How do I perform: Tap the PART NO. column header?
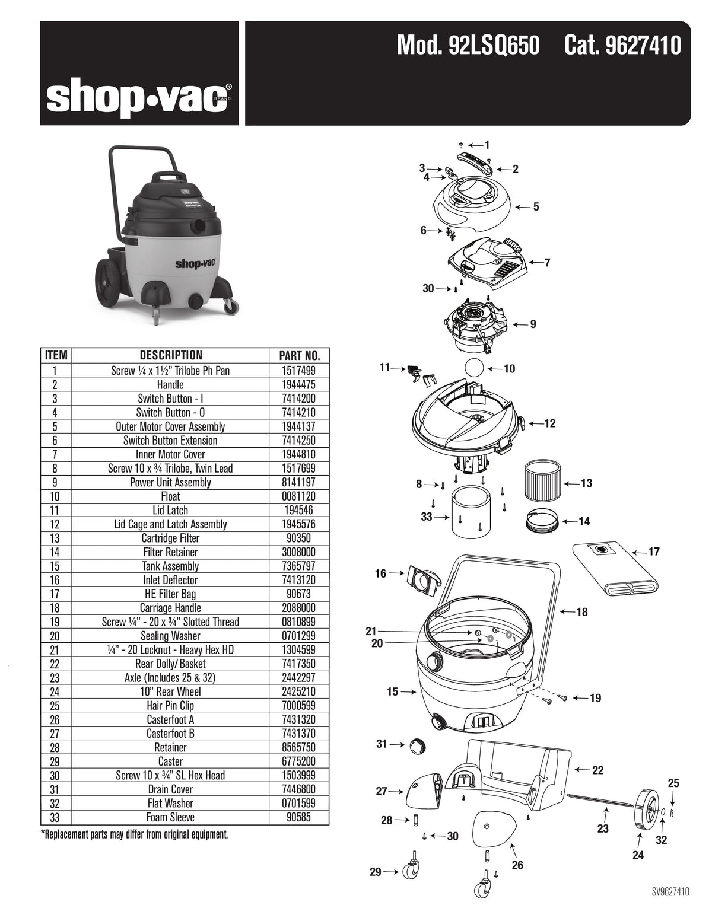[299, 356]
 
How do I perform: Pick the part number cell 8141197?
[299, 482]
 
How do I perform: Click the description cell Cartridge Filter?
[170, 538]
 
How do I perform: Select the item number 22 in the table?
[56, 664]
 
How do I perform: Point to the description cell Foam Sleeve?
[170, 818]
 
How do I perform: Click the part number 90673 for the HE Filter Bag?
[299, 594]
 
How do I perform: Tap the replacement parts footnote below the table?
[135, 835]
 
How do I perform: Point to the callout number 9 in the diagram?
[533, 324]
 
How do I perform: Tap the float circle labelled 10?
[473, 368]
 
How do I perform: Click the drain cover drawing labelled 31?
[415, 745]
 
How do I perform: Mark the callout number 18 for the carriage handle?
[582, 611]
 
